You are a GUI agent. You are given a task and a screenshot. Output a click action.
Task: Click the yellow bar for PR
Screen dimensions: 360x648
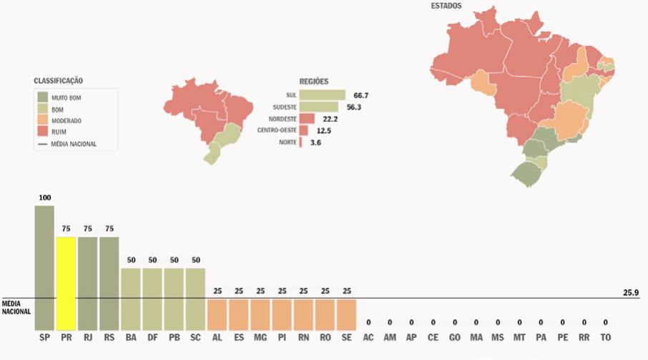66,283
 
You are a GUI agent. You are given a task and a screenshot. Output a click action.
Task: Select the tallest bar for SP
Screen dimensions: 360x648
44,268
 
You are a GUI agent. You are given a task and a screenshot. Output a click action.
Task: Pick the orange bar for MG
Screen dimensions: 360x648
260,315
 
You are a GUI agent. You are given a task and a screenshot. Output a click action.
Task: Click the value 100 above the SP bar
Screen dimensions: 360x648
45,198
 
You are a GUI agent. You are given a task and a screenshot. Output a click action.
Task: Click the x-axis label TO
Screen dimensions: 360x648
605,337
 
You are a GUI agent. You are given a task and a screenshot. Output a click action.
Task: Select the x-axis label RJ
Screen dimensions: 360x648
87,337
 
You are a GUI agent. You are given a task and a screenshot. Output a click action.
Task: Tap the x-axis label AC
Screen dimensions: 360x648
368,337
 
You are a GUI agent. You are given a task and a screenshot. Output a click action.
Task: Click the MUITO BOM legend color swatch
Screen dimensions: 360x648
42,97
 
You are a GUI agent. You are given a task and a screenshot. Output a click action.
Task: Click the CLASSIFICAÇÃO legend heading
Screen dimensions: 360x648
63,81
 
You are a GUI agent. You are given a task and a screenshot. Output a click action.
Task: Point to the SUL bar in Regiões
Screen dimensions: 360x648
322,94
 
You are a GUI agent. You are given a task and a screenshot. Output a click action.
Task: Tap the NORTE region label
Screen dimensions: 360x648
287,142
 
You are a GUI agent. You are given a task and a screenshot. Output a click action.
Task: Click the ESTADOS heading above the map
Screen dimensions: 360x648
446,6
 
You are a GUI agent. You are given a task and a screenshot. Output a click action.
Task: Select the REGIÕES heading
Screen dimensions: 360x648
313,82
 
